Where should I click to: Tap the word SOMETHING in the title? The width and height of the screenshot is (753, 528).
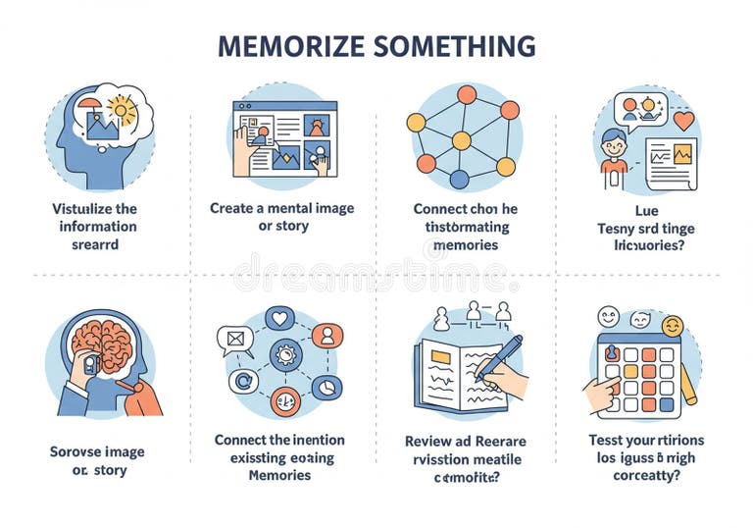coord(455,46)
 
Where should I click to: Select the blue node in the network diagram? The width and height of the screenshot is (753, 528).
coord(459,179)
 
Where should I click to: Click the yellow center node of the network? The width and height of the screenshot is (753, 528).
coord(460,140)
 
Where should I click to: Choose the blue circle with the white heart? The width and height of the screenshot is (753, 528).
coord(280,318)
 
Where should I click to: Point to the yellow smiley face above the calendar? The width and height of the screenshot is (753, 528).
coord(672,325)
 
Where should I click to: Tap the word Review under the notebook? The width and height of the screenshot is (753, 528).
coord(428,442)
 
